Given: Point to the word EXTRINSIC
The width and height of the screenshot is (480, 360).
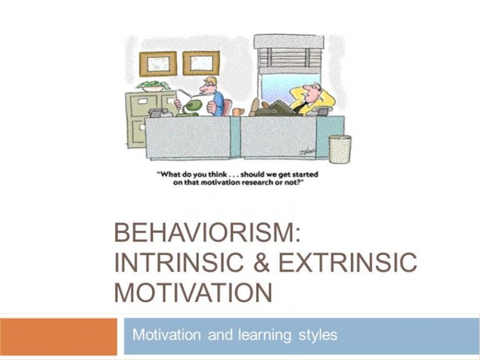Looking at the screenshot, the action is coord(347,262).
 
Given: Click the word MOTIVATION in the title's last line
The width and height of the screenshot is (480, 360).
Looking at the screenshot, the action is coord(193,292).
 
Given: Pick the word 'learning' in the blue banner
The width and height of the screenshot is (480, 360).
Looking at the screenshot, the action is coord(264,335).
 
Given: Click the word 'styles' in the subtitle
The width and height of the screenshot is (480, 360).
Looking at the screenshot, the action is coord(317,335).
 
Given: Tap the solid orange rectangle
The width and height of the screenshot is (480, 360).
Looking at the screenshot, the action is coord(58,336).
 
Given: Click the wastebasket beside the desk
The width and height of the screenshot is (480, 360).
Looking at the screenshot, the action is coord(340,149).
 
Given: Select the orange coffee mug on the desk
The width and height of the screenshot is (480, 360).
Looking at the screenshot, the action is coord(238,112).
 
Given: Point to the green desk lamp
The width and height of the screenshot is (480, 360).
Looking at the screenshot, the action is coord(191,109).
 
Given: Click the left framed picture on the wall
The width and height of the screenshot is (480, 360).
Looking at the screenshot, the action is coord(158,64).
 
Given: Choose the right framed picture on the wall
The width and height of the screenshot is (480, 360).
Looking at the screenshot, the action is coord(201,63).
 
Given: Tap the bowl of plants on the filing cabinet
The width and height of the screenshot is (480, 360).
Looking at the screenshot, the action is coord(152,86).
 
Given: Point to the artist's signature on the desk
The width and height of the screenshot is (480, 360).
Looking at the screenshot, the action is coord(307,151).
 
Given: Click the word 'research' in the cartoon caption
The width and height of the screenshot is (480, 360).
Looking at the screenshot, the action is coord(257,183).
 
